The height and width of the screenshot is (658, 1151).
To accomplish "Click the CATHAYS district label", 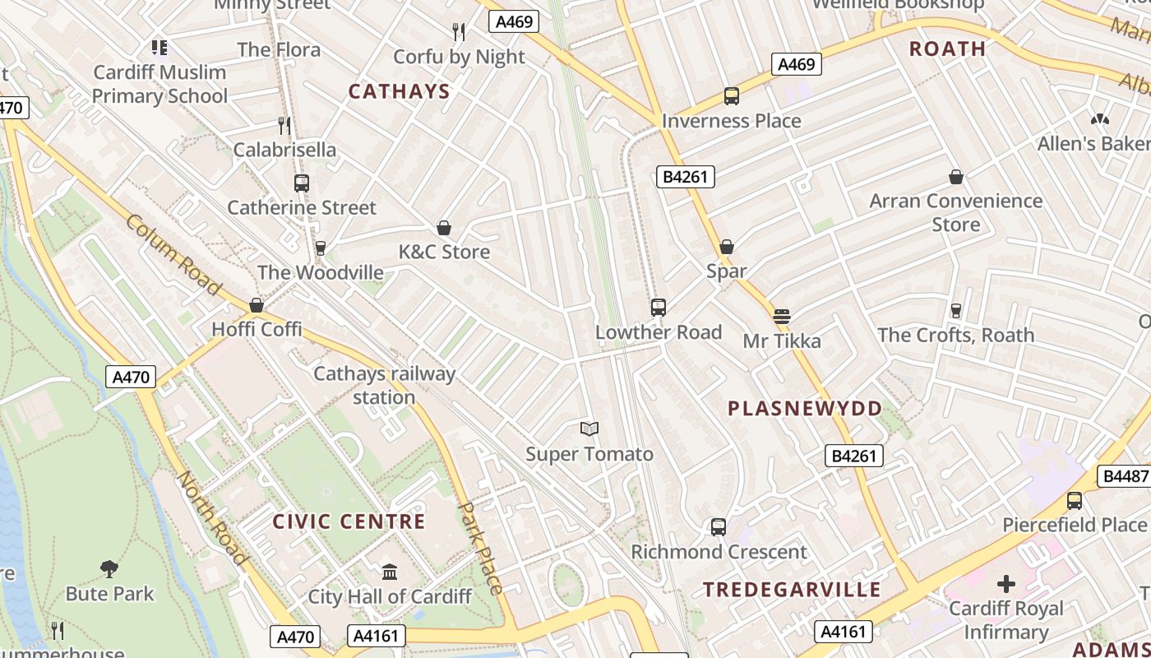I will (399, 91).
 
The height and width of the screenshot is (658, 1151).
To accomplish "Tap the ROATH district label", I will (947, 49).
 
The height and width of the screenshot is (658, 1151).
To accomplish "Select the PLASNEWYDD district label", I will (805, 409).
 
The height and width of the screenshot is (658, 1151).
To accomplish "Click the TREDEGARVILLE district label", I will (792, 590).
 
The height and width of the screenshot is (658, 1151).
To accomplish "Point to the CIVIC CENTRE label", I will (349, 521).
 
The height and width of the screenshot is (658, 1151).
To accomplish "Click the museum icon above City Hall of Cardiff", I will (390, 572).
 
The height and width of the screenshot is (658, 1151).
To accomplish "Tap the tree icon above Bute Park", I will (109, 568).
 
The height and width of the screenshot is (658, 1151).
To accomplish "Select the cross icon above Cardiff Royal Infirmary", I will (1005, 585).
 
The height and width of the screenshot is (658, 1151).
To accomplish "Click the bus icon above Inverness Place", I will (731, 96).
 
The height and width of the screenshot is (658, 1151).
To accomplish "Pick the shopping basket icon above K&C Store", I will (444, 228).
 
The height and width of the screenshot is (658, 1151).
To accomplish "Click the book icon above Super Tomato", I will (589, 429).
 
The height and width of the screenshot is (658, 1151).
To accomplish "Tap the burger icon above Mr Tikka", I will (781, 316).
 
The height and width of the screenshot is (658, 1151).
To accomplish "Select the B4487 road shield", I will (1123, 476).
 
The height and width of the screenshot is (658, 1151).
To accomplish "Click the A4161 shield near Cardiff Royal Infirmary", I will (844, 632).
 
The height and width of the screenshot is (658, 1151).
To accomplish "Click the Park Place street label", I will (481, 548).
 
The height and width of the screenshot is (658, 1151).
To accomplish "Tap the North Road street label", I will (211, 518).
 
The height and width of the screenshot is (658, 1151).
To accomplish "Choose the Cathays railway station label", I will (384, 385).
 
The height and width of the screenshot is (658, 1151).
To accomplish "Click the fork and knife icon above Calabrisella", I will (284, 126).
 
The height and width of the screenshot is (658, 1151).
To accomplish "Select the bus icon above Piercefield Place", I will (1074, 500).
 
